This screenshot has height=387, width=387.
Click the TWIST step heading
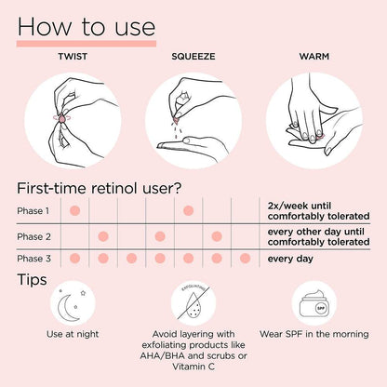click(73, 57)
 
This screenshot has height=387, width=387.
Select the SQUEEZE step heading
click(193, 57)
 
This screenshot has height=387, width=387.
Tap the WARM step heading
click(314, 57)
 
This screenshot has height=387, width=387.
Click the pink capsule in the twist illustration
click(62, 118)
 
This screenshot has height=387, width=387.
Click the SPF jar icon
click(314, 304)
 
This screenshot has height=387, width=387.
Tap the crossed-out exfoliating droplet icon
click(193, 303)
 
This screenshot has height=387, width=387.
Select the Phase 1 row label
click(33, 211)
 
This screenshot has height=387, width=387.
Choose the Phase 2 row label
click(33, 236)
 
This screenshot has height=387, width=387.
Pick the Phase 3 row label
click(33, 259)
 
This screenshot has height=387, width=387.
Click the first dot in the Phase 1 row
click(74, 210)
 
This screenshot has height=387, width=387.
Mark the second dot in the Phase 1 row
click(188, 210)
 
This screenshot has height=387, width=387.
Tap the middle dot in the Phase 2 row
click(160, 236)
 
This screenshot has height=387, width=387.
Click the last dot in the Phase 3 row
click(245, 258)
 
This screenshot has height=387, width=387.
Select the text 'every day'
click(290, 259)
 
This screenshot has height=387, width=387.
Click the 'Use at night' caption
click(73, 334)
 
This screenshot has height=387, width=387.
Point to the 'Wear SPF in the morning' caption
click(314, 334)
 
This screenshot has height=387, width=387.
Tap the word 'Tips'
click(32, 280)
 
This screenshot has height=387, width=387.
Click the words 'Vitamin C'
click(193, 367)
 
